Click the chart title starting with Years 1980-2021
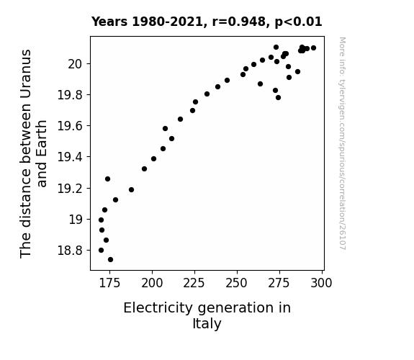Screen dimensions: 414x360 tap(207, 22)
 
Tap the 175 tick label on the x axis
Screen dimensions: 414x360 tap(109, 283)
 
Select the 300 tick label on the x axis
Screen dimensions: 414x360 tap(321, 283)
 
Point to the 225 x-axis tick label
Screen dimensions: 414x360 tap(194, 283)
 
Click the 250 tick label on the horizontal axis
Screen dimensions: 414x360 tap(237, 283)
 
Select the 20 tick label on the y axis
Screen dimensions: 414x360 tap(76, 63)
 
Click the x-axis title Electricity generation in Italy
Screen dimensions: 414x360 tap(207, 315)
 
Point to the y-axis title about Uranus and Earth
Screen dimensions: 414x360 tap(33, 153)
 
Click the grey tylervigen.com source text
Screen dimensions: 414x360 tap(342, 143)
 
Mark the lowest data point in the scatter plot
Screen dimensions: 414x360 tap(111, 260)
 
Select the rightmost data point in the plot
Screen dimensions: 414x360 tap(314, 48)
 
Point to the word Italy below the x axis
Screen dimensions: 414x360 tap(207, 323)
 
